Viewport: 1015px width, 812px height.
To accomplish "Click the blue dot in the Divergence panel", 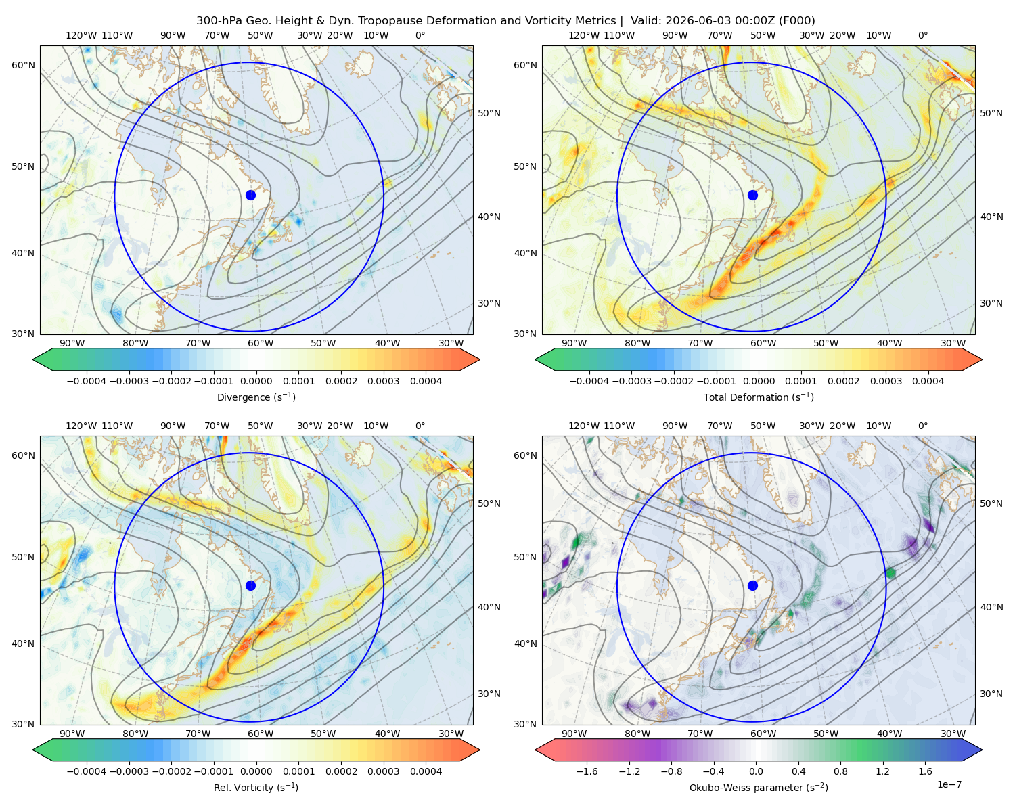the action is tap(250, 195).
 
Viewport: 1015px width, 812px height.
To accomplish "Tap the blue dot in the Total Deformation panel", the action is tap(752, 195).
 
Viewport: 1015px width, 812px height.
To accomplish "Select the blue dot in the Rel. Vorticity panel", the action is tap(250, 585).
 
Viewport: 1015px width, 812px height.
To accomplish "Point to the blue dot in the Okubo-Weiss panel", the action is tap(752, 585).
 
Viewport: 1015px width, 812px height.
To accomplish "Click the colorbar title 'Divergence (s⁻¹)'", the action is tap(256, 397).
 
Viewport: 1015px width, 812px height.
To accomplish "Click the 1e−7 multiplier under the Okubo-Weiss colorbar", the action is tap(949, 784).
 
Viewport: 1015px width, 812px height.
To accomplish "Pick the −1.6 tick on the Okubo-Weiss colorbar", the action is tap(587, 771).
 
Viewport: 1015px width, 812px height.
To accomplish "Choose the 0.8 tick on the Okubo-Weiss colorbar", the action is tap(840, 771).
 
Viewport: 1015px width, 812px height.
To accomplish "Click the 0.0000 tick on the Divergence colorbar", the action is tap(256, 381).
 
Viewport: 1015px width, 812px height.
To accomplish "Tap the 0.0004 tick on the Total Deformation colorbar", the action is tap(928, 381).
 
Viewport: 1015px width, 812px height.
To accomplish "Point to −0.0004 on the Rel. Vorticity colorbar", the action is tap(87, 771).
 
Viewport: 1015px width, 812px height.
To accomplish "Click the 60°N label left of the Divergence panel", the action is tap(23, 65).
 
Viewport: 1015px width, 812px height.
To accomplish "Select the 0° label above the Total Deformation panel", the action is tap(922, 35).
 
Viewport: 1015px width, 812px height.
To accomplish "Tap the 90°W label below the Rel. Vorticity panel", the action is tap(72, 734).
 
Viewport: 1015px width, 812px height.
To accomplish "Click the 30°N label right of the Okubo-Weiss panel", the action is tap(991, 693).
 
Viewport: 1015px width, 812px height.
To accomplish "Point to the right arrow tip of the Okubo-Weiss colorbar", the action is tap(982, 750).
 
